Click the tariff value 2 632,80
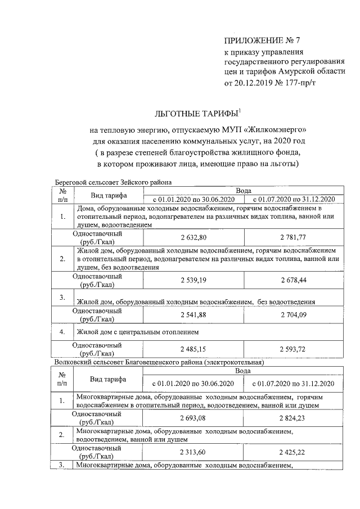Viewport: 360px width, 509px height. click(195, 237)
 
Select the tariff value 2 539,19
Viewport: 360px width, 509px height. click(195, 280)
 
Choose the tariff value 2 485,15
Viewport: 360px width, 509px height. click(195, 349)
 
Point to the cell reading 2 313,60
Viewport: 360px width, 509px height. click(195, 452)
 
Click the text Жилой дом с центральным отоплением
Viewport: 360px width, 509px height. click(132, 332)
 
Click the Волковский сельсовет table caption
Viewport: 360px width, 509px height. click(159, 363)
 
